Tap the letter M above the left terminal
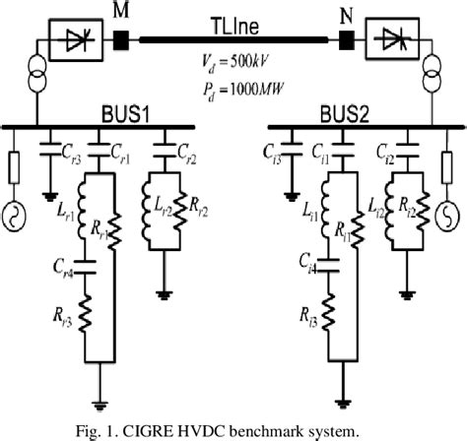pyautogui.click(x=121, y=11)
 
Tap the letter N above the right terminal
pyautogui.click(x=346, y=13)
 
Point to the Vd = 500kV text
pyautogui.click(x=232, y=62)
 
